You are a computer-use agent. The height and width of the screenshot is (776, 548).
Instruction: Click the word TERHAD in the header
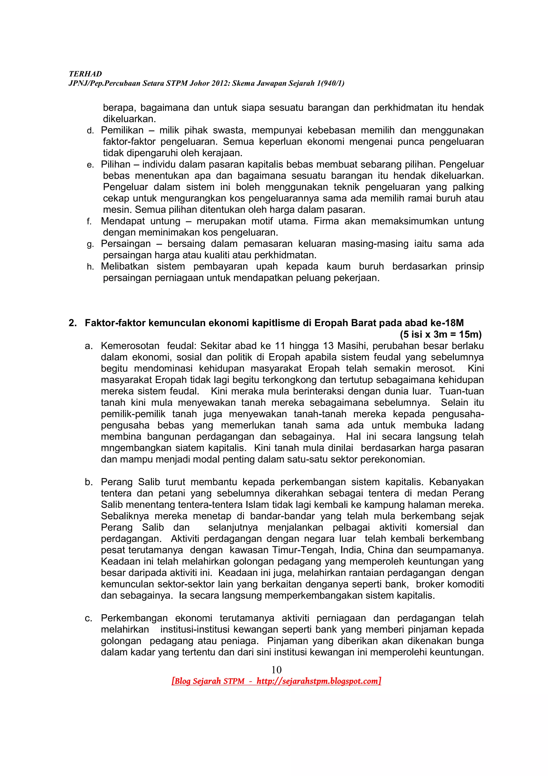tap(85, 74)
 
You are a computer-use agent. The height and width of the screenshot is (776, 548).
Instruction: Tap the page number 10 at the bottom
tap(276, 669)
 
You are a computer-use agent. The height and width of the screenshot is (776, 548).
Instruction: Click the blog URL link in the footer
tap(318, 681)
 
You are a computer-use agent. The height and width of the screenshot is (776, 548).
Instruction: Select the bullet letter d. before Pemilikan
tap(90, 131)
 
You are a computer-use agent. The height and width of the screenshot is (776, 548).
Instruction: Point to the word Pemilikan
tap(122, 130)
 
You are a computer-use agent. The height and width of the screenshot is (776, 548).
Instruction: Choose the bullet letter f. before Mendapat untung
tap(89, 222)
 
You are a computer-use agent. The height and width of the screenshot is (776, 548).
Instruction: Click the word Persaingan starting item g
tap(125, 244)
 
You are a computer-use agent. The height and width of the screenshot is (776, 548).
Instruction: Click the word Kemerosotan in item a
tap(130, 346)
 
